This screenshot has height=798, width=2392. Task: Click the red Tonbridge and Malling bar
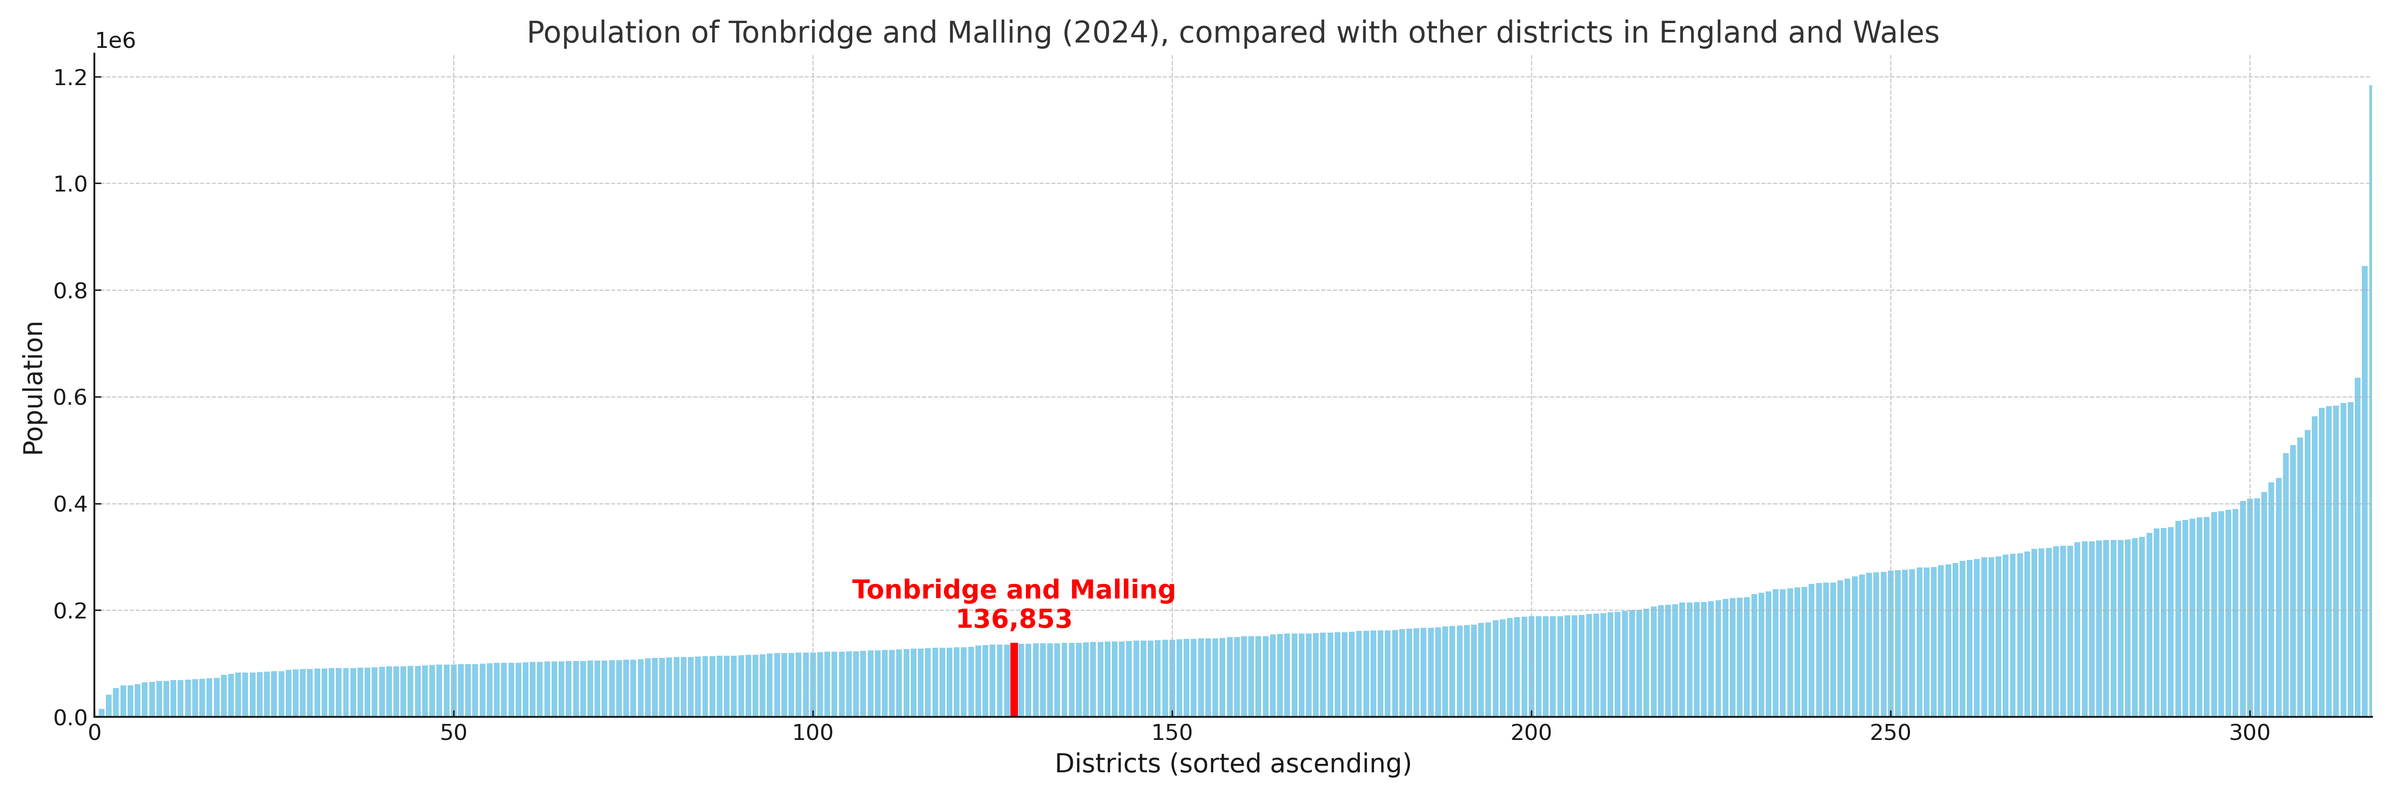tap(1014, 680)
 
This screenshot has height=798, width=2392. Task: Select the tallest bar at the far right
tap(2370, 399)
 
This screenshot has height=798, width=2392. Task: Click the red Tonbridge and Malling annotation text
tap(1014, 590)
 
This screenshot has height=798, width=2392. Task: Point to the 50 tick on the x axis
tap(453, 733)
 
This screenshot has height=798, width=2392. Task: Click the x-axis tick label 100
tap(812, 733)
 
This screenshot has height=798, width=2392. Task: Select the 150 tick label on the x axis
tap(1172, 733)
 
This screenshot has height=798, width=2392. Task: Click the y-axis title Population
tap(33, 387)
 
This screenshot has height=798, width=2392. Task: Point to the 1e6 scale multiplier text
tap(115, 41)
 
